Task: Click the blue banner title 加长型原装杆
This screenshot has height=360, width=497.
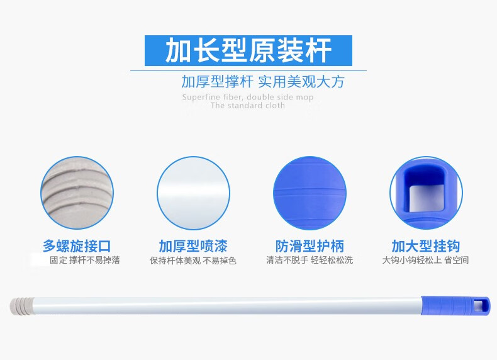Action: tap(248, 50)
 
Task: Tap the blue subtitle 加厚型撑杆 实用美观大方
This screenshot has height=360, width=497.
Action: tap(263, 82)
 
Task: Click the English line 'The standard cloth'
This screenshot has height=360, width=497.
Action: tap(247, 105)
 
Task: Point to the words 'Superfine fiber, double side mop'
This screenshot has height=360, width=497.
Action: tap(247, 97)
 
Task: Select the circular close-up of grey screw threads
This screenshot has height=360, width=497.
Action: tap(77, 193)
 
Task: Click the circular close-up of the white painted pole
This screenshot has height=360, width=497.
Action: tap(193, 193)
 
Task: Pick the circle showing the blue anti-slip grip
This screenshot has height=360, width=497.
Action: tap(310, 193)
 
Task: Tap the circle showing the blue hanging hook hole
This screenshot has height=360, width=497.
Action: tap(426, 193)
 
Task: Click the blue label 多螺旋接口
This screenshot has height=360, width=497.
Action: tap(77, 246)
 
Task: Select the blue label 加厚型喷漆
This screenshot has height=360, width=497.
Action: tap(193, 246)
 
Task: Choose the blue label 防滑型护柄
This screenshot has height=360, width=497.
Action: tap(310, 246)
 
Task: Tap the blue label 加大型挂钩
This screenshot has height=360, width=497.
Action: tap(426, 246)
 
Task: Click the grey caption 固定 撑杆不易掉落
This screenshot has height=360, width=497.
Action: tap(85, 260)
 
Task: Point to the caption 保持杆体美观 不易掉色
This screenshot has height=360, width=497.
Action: tap(193, 261)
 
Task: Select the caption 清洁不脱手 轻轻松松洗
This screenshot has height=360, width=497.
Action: tap(310, 260)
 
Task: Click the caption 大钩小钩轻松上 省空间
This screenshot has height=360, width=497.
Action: tap(425, 260)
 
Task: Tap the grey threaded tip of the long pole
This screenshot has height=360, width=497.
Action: tap(21, 306)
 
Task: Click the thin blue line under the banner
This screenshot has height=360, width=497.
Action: tap(248, 70)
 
